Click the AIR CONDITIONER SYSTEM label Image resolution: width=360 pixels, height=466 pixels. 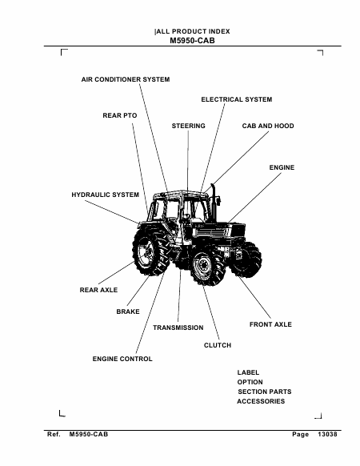point(126,79)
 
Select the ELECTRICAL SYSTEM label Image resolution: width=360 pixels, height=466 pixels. point(237,99)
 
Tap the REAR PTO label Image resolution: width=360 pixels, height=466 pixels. point(120,115)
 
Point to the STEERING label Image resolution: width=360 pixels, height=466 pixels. point(188,126)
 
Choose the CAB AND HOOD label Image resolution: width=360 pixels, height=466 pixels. point(268,126)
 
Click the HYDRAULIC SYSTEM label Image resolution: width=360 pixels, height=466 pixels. point(105,195)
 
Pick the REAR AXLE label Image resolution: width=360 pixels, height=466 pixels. point(98,290)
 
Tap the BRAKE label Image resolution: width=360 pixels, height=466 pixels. point(128,311)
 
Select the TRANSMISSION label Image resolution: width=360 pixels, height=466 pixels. point(178,327)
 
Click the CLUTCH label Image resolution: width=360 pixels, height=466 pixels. point(218,345)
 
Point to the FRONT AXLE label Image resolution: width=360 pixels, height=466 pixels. point(270,324)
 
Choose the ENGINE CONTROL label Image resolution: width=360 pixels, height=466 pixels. point(122,359)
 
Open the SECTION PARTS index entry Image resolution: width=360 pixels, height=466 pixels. point(265,392)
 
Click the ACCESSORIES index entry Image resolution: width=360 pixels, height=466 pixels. point(261,401)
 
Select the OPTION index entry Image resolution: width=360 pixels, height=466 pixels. point(250,382)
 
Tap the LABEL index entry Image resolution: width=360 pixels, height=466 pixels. point(248,372)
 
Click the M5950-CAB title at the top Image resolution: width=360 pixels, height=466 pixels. point(192,41)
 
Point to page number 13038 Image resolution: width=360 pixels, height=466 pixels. point(327,434)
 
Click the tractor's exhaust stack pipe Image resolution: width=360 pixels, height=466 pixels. point(213,202)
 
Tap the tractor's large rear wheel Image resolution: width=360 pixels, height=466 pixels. point(150,251)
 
